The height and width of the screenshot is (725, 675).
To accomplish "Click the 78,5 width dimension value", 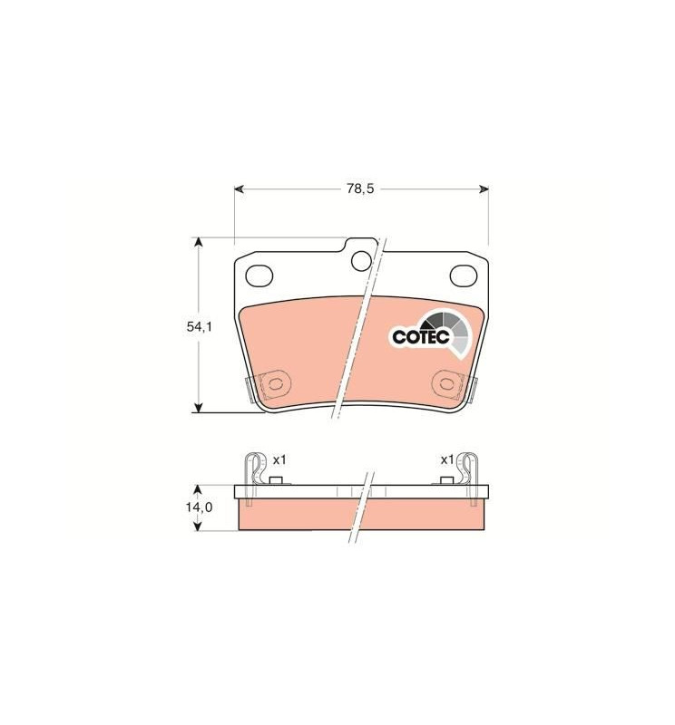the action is tap(360, 188).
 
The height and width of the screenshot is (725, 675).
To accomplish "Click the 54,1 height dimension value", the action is tap(199, 327).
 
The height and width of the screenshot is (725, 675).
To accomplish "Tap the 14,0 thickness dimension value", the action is tap(199, 507).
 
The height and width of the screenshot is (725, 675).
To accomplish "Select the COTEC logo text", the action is tap(421, 336).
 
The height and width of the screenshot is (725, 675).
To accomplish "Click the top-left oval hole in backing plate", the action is tap(259, 275).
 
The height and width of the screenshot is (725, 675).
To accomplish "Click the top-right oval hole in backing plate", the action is tap(464, 275).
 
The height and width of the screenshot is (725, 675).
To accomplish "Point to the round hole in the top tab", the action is tap(361, 261).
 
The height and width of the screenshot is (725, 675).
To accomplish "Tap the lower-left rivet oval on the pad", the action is tap(276, 383).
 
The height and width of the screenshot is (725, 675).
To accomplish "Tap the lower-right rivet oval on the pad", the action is tap(447, 383).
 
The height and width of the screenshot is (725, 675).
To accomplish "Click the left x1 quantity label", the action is tap(279, 460).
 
